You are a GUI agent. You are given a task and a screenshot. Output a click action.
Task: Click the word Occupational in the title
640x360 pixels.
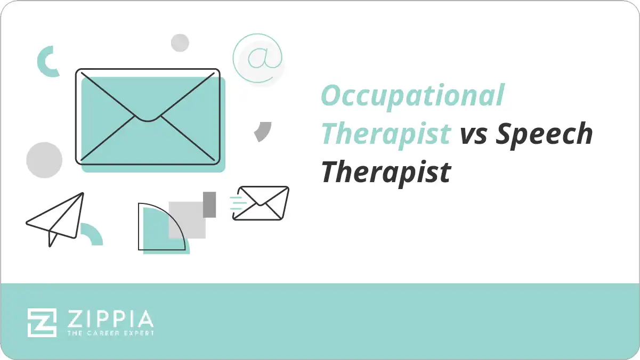(412, 96)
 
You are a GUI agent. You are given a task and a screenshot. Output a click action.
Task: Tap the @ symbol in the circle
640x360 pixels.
(257, 58)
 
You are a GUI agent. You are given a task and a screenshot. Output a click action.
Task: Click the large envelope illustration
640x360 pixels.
(148, 116)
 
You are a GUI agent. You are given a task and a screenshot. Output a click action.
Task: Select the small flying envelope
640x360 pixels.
(261, 203)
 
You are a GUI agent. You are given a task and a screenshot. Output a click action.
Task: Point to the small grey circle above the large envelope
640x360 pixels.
(180, 43)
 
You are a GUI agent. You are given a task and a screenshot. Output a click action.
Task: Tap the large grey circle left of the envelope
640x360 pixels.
(44, 160)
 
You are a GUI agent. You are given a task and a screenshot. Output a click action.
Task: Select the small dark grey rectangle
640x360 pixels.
(209, 204)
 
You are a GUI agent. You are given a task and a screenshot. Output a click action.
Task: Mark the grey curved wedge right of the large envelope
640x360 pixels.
(263, 131)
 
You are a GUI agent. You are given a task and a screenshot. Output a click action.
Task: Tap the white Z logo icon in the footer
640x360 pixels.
(42, 322)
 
